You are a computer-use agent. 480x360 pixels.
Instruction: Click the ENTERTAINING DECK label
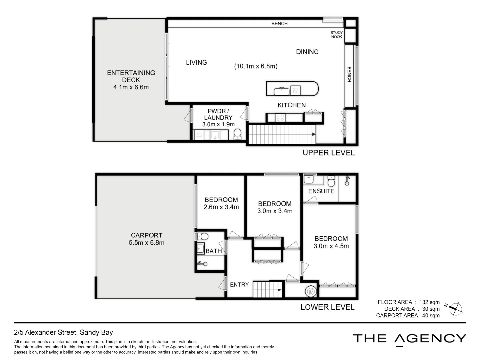[131, 76]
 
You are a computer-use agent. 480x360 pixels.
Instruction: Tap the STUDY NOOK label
[336, 35]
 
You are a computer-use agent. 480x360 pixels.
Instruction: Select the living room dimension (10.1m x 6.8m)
[256, 66]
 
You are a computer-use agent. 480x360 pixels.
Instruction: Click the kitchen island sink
[282, 91]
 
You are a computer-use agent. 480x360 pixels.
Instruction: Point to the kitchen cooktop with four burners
[280, 118]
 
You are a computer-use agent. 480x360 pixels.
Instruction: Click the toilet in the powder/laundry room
[237, 134]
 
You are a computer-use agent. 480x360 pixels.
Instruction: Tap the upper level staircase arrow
[313, 134]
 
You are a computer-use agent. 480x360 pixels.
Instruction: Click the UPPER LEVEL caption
[328, 153]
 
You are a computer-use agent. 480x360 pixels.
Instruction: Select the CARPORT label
[146, 235]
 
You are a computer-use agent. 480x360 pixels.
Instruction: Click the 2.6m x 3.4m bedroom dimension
[221, 207]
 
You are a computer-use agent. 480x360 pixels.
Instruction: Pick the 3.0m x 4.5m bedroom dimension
[331, 246]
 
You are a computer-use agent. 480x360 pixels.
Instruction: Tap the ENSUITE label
[321, 191]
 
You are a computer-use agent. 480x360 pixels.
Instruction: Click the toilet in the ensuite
[331, 182]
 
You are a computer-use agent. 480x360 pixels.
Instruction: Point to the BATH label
[214, 251]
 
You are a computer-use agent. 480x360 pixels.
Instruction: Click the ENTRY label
[239, 285]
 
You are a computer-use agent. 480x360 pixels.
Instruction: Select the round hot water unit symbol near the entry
[310, 291]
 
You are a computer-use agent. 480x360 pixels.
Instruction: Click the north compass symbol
[455, 309]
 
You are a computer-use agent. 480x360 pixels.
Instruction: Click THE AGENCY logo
[409, 339]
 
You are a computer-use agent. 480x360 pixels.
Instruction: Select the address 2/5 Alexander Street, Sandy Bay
[63, 332]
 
